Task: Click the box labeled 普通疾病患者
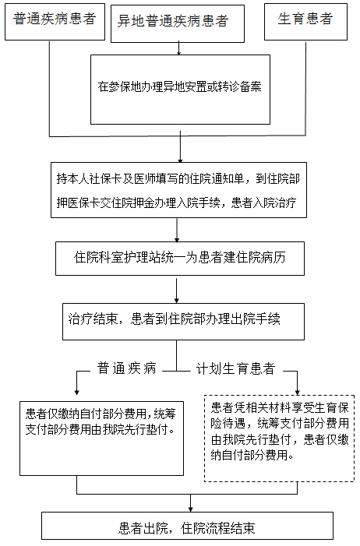click(x=55, y=22)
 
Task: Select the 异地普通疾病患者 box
click(x=178, y=23)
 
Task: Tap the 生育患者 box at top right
click(x=305, y=22)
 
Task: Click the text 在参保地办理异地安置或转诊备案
click(x=179, y=86)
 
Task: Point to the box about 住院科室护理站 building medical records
click(x=180, y=259)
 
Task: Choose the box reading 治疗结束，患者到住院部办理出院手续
click(x=183, y=322)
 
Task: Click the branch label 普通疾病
click(x=126, y=368)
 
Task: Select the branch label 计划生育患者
click(x=236, y=368)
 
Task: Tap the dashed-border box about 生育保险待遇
click(x=279, y=439)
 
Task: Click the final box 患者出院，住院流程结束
click(x=187, y=526)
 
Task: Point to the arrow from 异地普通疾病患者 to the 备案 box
click(x=178, y=48)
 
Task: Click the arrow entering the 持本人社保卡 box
click(x=180, y=146)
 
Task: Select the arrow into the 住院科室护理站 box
click(x=177, y=230)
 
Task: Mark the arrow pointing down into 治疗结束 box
click(x=177, y=290)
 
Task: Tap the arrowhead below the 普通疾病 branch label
click(x=76, y=392)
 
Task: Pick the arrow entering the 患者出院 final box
click(x=191, y=503)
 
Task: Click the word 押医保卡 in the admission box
click(x=78, y=203)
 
